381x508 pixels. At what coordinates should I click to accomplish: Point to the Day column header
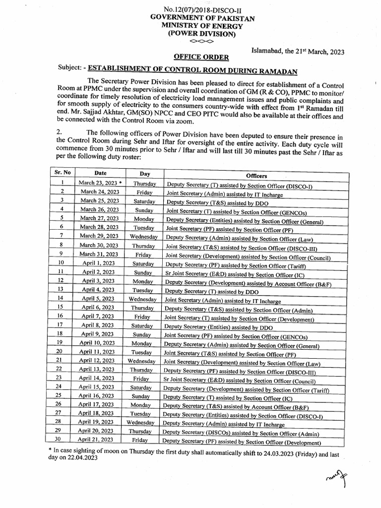144,174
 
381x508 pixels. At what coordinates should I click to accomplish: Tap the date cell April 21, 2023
95,439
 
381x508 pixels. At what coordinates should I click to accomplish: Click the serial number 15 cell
61,307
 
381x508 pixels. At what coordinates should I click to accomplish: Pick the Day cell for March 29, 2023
143,237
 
